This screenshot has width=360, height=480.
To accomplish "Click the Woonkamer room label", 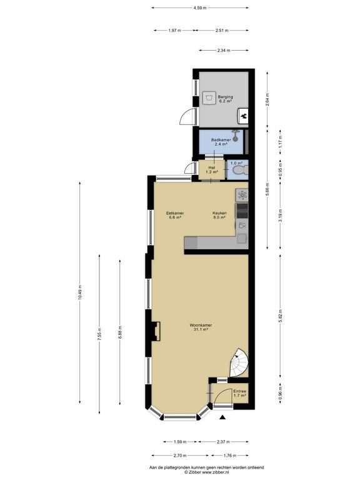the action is coord(201,325).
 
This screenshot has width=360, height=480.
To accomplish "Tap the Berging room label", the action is coord(225,97).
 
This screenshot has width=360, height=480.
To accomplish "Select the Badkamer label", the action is coord(221,139).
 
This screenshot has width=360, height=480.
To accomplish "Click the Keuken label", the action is coord(219,213).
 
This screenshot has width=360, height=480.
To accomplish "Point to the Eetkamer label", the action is coord(175,213).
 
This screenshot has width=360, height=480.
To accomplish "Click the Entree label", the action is coord(240,391).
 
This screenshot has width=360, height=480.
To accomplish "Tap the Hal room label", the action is coord(211,167).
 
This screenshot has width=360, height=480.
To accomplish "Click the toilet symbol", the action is coord(240,170).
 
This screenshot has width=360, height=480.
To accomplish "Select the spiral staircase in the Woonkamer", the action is coord(239,363).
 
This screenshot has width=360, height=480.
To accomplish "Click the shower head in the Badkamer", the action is coord(235,136).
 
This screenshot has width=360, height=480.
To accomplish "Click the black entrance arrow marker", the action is coord(223,417).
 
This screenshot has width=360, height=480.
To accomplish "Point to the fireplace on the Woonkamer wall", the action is coord(156,331).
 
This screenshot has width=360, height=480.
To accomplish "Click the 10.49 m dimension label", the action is coord(80,292).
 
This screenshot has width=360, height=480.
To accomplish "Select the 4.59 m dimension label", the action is coord(199,8).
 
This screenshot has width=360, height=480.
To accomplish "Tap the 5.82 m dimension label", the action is coord(281,316).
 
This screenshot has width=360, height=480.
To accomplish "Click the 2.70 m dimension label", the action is coord(180,456).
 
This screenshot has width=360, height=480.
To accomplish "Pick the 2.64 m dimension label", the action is coord(267,99).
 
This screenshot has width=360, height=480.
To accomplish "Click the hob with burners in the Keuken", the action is coord(242,211).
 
